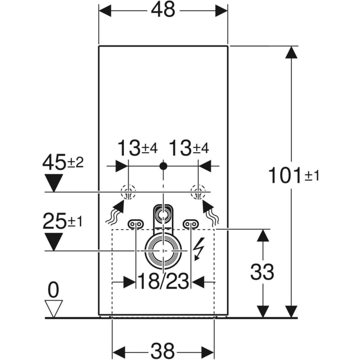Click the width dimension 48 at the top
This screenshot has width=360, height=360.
pos(163,10)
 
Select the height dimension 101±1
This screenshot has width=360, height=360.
pos(293,175)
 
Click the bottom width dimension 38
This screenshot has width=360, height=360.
pos(163,350)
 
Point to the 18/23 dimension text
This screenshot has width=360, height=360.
pos(163,282)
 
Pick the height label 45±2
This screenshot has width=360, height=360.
pos(63,162)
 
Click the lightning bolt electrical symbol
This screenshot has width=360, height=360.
pos(199,249)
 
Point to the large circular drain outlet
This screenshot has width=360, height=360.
pos(163,250)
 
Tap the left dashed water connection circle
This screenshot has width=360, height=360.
pos(128,192)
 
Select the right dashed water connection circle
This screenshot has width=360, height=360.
pos(198,192)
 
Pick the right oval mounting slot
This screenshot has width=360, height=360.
pos(191,224)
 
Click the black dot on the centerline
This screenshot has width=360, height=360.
pos(163,166)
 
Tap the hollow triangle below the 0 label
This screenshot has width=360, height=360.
pos(53,308)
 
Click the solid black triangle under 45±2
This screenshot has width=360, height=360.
pos(54,184)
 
